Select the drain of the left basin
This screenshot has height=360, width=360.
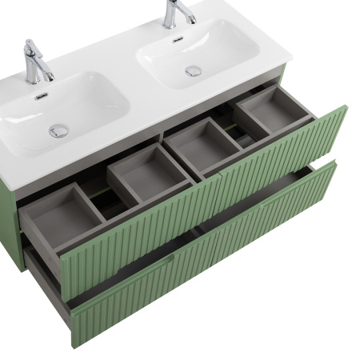[58, 130]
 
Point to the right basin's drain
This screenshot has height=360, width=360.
[194, 70]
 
